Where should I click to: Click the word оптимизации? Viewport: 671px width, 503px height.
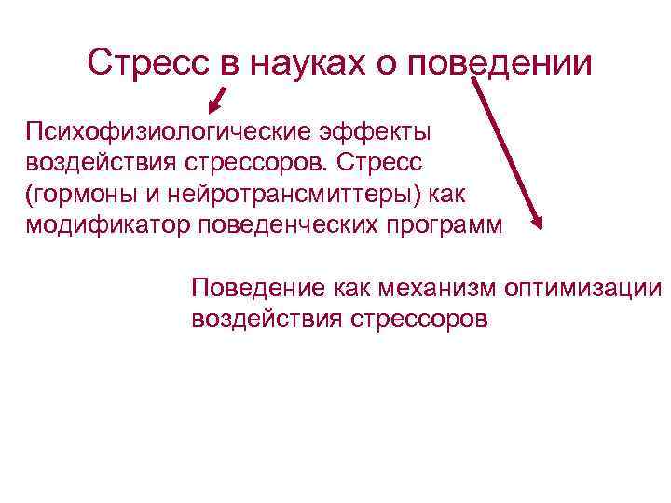582,288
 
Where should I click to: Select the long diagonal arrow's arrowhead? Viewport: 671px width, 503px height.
536,221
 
